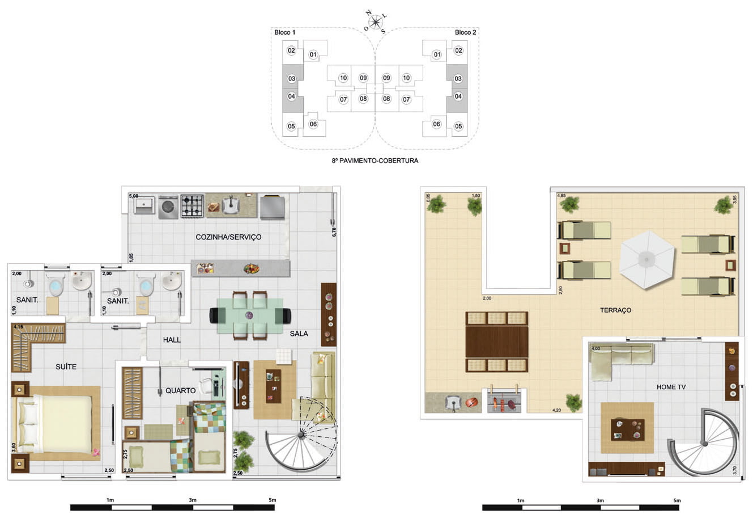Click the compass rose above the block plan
pyautogui.click(x=376, y=22)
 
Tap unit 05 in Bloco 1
pyautogui.click(x=291, y=126)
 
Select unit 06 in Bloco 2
pyautogui.click(x=436, y=124)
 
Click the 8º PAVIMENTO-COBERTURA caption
pyautogui.click(x=375, y=161)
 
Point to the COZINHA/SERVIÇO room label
pyautogui.click(x=228, y=237)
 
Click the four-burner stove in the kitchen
pyautogui.click(x=192, y=206)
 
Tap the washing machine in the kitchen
pyautogui.click(x=168, y=207)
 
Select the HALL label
pyautogui.click(x=172, y=340)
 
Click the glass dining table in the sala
pyautogui.click(x=250, y=316)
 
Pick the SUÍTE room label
pyautogui.click(x=66, y=366)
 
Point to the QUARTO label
pyautogui.click(x=181, y=390)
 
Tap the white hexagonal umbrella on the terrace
pyautogui.click(x=647, y=259)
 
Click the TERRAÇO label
pyautogui.click(x=615, y=310)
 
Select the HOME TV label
pyautogui.click(x=671, y=387)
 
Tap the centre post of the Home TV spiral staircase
pyautogui.click(x=705, y=444)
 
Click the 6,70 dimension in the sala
pyautogui.click(x=334, y=232)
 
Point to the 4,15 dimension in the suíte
pyautogui.click(x=18, y=327)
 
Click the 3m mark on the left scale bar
pyautogui.click(x=193, y=500)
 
